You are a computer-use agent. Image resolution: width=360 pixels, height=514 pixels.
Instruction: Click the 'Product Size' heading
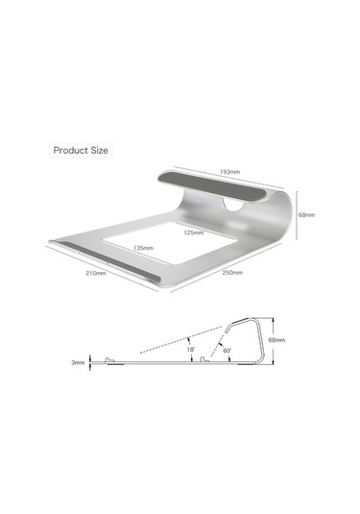point(81,150)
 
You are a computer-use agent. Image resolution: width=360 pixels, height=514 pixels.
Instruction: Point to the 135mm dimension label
point(143,247)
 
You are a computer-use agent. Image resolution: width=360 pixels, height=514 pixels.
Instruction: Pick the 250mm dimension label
point(232,274)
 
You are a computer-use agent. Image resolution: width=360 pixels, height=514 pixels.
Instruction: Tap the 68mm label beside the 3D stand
point(306,215)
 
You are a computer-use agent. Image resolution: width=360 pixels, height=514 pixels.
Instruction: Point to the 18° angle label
point(192,350)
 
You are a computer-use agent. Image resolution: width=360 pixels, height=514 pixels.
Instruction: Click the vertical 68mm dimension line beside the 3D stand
point(297,215)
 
